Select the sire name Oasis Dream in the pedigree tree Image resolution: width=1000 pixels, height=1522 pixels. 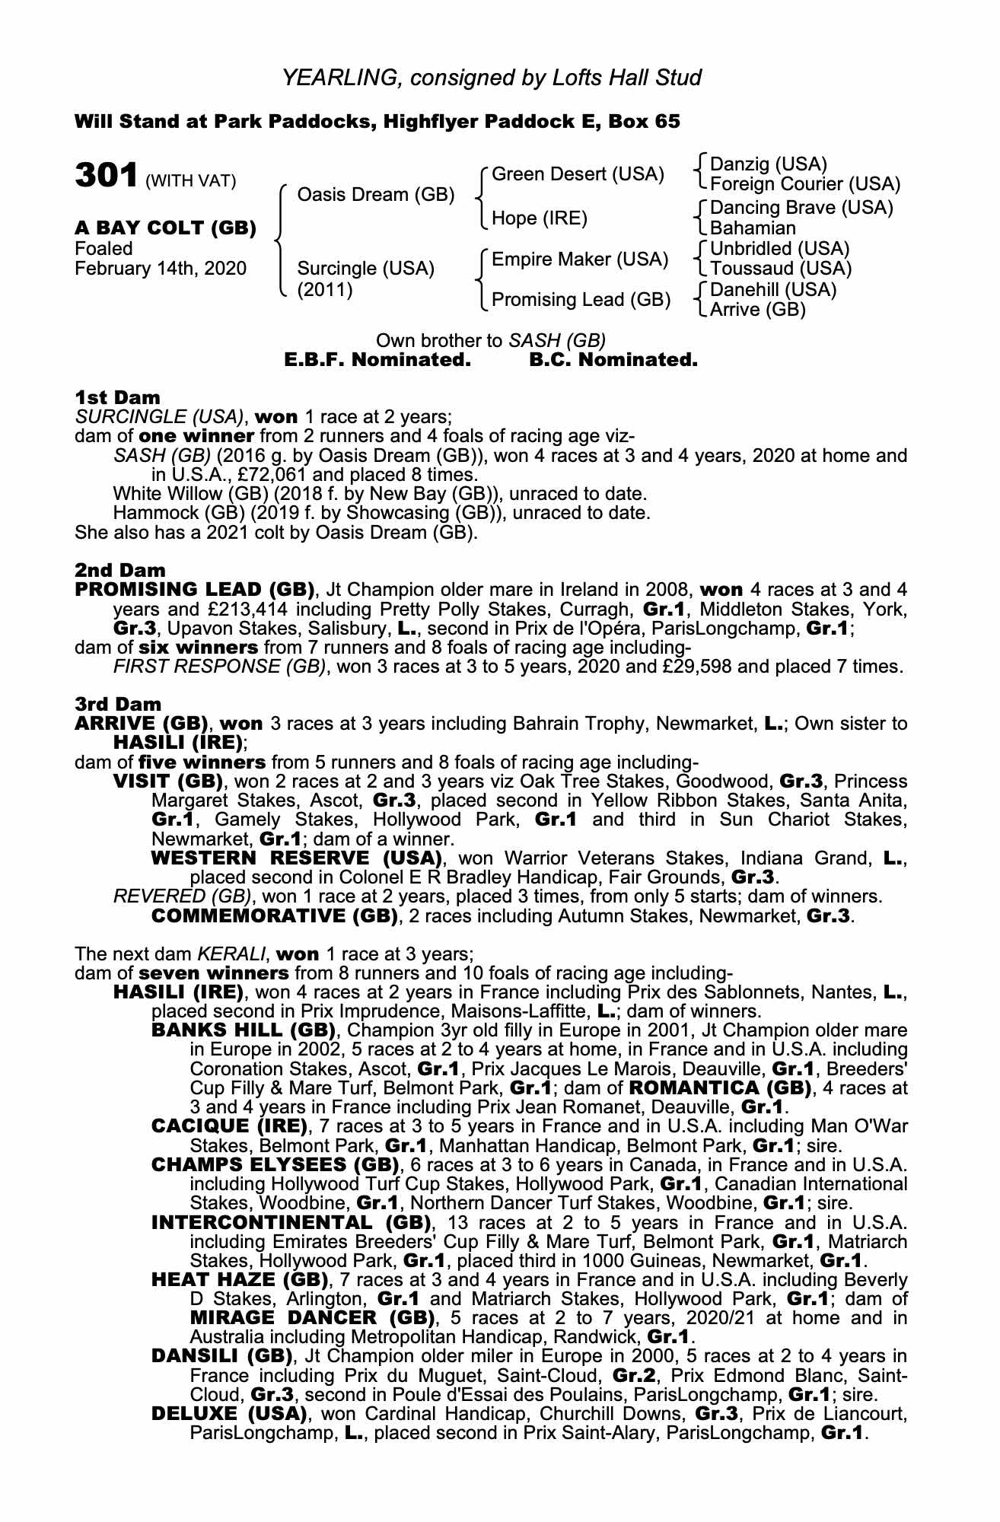[x=375, y=195]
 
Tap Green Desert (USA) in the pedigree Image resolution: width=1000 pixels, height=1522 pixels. [x=578, y=174]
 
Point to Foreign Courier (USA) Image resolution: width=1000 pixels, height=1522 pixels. [x=804, y=184]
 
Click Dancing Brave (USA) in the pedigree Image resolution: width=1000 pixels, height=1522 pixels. [x=801, y=208]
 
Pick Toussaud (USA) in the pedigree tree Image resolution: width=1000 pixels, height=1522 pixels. [x=780, y=269]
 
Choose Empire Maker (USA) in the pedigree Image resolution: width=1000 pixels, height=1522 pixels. [x=580, y=260]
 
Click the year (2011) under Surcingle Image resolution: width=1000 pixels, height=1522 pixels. [x=325, y=290]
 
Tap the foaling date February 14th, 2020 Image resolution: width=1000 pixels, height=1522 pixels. [x=161, y=269]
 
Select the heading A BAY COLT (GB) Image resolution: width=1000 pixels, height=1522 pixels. [x=165, y=228]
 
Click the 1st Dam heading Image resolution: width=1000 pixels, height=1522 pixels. [x=117, y=397]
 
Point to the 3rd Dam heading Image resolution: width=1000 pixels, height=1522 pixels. [x=118, y=705]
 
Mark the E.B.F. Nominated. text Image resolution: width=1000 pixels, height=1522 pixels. [x=377, y=360]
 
